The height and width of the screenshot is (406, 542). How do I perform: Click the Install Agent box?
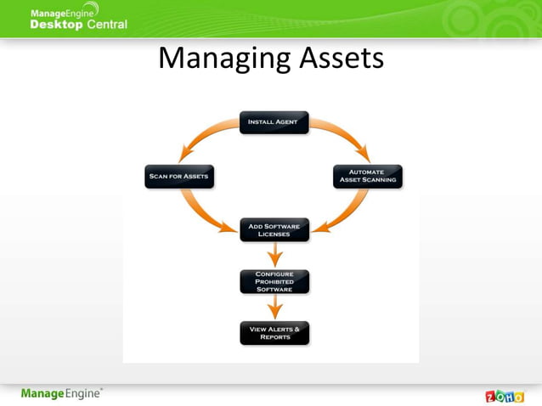click(x=274, y=122)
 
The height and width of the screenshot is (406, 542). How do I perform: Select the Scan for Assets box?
click(x=178, y=177)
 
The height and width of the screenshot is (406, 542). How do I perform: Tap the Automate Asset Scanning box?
click(x=367, y=177)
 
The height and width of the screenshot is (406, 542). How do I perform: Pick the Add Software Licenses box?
click(x=274, y=230)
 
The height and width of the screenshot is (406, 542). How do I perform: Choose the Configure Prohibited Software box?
click(x=274, y=281)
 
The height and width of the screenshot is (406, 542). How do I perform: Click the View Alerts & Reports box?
click(x=274, y=332)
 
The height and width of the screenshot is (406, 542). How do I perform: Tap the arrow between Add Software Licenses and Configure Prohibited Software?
click(x=274, y=256)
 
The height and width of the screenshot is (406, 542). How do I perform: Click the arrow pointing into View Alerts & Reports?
click(x=274, y=307)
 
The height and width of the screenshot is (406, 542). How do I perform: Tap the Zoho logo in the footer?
click(x=504, y=396)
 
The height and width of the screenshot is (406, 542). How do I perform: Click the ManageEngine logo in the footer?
click(x=62, y=393)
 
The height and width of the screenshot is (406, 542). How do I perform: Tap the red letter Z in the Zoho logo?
click(x=491, y=397)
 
